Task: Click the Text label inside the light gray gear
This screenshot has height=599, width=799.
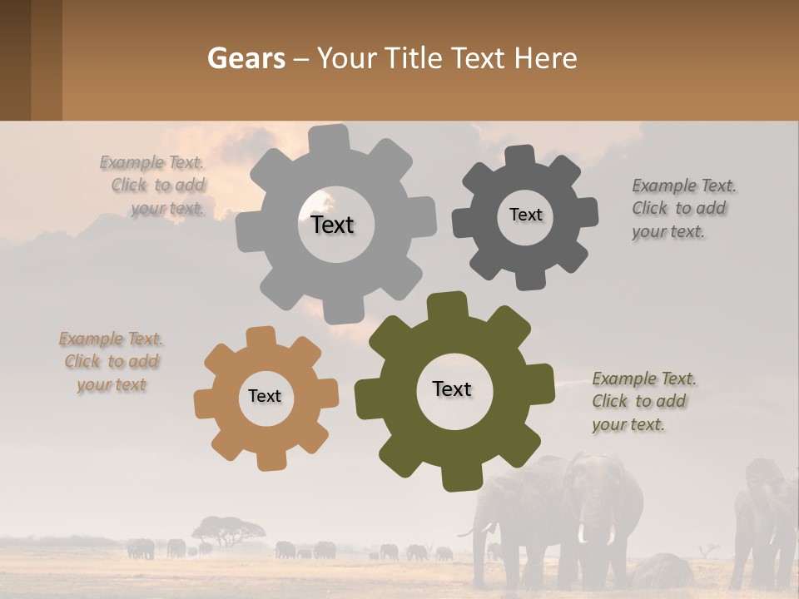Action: click(x=332, y=225)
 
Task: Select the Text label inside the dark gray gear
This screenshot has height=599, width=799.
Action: click(x=525, y=215)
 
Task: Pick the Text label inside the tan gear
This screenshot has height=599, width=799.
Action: click(x=265, y=396)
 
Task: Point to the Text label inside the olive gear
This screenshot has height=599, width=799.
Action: click(x=452, y=389)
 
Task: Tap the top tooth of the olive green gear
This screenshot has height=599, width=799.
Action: click(x=447, y=306)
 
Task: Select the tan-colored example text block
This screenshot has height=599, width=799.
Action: click(x=112, y=362)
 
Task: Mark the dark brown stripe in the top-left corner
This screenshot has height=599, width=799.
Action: click(x=15, y=60)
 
